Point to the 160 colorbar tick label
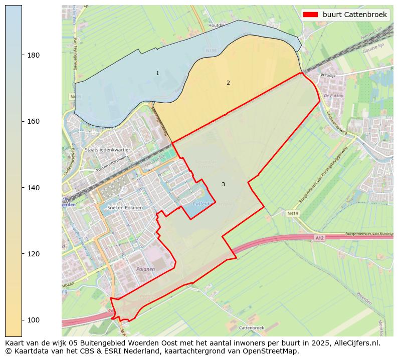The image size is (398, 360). tap(33, 121)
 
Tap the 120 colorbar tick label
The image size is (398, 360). tap(33, 254)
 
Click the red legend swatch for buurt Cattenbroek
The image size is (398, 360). tap(311, 15)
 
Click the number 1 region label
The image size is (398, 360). tap(157, 74)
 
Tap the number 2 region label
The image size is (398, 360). tap(228, 83)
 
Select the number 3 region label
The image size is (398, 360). tap(223, 185)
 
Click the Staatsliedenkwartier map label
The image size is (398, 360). tap(107, 150)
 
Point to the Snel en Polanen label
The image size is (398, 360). tap(125, 207)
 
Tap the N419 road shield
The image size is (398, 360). tap(293, 213)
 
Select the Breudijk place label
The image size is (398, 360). tap(327, 75)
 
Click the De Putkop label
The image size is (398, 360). tap(332, 95)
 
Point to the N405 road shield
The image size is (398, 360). tap(76, 96)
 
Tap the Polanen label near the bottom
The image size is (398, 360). tap(145, 269)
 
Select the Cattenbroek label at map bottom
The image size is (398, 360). tap(251, 327)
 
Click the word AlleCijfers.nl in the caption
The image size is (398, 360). tap(355, 343)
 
